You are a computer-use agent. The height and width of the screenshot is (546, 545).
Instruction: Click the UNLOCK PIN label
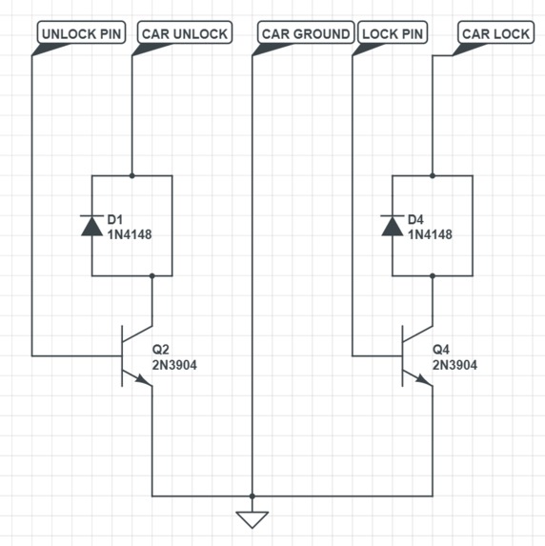(81, 32)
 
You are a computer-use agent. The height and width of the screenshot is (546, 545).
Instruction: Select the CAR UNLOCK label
(185, 32)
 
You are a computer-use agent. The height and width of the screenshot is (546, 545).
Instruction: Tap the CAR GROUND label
(306, 32)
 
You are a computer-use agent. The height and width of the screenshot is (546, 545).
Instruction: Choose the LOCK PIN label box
(393, 32)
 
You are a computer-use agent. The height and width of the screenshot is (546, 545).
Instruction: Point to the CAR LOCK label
(495, 32)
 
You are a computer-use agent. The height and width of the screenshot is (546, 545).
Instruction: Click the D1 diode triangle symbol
(91, 226)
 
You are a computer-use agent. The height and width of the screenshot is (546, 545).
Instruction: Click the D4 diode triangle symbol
(393, 226)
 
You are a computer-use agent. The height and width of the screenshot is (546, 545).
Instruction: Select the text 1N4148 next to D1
(130, 234)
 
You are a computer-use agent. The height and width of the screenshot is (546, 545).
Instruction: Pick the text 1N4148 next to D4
(430, 234)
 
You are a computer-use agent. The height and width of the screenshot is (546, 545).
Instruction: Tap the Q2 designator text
(160, 350)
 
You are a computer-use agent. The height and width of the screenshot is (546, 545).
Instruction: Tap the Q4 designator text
(441, 350)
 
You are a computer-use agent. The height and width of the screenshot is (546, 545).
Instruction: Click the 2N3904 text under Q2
(174, 365)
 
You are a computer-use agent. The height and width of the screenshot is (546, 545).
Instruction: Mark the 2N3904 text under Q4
(454, 365)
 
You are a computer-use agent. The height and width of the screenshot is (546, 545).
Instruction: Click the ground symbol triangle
(252, 518)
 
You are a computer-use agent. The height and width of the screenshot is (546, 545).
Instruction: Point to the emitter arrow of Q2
(144, 379)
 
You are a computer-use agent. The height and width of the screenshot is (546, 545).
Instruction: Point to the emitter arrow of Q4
(424, 379)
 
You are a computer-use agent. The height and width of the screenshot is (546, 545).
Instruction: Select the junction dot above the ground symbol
(252, 495)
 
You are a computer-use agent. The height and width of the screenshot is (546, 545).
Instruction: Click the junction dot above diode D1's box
(132, 176)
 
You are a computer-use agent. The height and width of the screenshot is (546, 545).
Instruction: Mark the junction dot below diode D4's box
(433, 275)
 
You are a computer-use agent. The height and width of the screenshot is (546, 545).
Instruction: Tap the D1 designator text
(115, 220)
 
